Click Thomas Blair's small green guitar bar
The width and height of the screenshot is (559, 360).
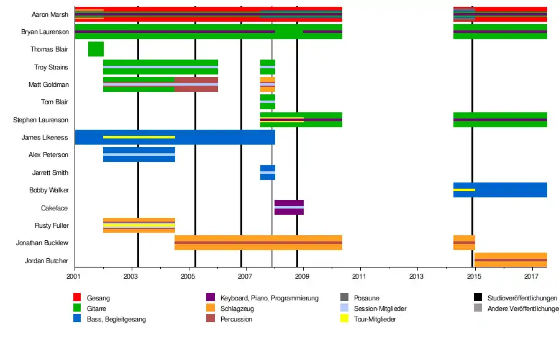tap(96, 49)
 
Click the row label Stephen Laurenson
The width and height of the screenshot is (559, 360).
tap(40, 120)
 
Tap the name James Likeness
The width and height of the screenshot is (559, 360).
tap(45, 138)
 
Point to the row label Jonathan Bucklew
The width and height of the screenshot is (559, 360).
tap(42, 243)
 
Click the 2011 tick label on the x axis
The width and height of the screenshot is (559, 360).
tap(359, 277)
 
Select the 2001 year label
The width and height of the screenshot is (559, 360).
tap(73, 277)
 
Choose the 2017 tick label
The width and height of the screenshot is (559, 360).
tap(531, 277)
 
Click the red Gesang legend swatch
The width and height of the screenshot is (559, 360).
tap(77, 297)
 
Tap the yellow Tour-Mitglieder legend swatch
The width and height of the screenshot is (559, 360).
tap(344, 318)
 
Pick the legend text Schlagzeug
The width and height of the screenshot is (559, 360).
tap(237, 308)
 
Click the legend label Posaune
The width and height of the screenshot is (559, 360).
tap(366, 298)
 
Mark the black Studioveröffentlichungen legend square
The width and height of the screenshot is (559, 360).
tap(478, 297)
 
